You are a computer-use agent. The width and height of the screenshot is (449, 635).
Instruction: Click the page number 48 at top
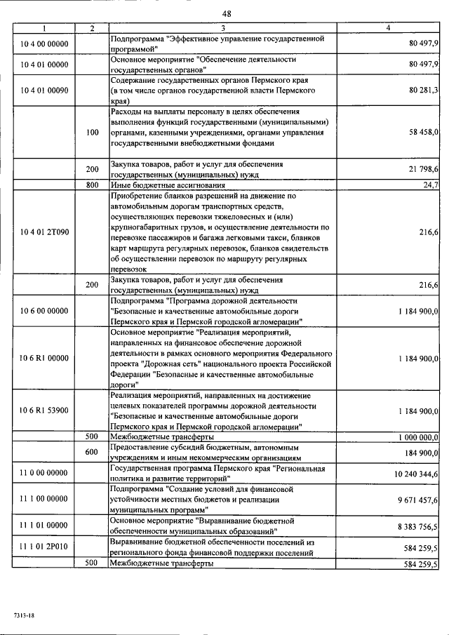point(227,13)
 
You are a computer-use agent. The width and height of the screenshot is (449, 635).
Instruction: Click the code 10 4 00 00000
point(44,44)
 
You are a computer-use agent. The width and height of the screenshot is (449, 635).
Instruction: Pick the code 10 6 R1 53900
point(44,410)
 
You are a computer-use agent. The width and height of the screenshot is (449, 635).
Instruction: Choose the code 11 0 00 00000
point(44,475)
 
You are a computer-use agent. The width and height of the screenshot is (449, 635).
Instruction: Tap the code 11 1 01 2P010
point(44,547)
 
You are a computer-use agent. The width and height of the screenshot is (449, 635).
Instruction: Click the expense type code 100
point(92,131)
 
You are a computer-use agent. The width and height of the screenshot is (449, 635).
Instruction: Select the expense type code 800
point(92,185)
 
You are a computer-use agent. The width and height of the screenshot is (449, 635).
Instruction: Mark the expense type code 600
point(92,453)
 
